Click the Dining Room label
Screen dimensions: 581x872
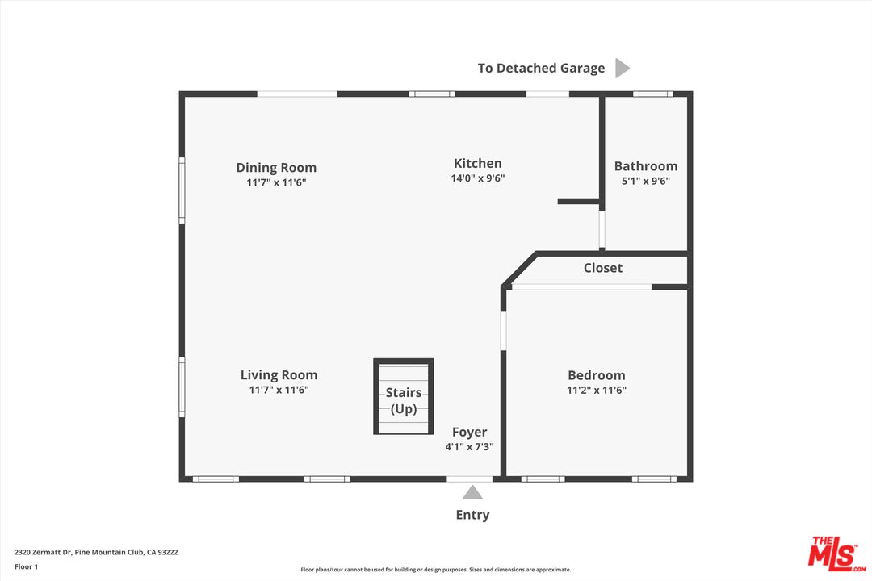[276, 168]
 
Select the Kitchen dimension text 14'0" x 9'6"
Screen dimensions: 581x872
[477, 178]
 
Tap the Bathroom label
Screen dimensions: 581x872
[646, 166]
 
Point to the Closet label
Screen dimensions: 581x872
[603, 268]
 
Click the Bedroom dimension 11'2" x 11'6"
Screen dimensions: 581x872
[596, 390]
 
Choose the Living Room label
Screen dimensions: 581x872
[279, 375]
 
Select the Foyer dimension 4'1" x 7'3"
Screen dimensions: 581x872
[469, 446]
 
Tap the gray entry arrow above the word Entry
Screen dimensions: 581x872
[472, 492]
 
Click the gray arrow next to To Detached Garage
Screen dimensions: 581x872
[622, 68]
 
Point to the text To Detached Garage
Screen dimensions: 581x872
[541, 68]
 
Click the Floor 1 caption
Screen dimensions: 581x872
[26, 566]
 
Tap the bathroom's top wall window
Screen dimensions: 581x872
[652, 94]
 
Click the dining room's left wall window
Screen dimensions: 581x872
[182, 190]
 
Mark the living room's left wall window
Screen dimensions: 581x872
[182, 388]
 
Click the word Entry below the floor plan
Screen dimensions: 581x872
[472, 515]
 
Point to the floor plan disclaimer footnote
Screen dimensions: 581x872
[435, 570]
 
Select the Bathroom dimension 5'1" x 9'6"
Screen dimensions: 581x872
[646, 181]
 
